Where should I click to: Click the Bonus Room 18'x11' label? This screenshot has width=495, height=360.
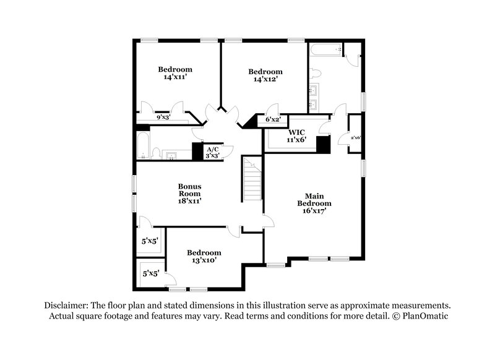(x=190, y=193)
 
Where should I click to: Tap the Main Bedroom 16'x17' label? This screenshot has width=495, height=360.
(x=314, y=202)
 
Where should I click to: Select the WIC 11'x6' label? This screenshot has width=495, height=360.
(x=295, y=136)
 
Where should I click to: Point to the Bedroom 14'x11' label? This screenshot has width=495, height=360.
(x=175, y=74)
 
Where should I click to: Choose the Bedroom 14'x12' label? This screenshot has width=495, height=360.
(x=265, y=75)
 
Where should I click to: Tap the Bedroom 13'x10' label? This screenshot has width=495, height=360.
(x=204, y=257)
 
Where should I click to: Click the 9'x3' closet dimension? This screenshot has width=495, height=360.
(x=163, y=117)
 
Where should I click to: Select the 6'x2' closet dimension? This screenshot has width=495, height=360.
(x=273, y=119)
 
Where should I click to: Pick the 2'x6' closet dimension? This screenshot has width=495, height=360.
(x=356, y=137)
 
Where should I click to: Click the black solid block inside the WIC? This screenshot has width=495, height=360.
(x=322, y=144)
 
